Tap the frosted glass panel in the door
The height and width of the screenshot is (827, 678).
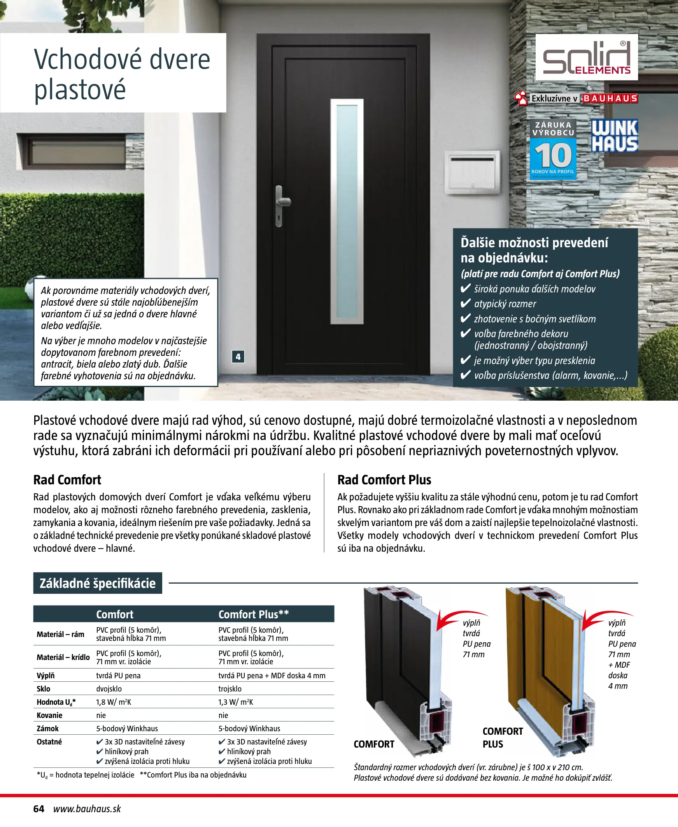[x=347, y=211]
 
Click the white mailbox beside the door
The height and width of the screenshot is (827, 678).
[x=472, y=172]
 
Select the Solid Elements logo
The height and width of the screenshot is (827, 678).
[x=586, y=58]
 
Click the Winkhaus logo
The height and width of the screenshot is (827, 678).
[x=614, y=135]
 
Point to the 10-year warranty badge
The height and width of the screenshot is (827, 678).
[x=553, y=150]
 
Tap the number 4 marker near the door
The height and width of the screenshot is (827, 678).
[x=238, y=356]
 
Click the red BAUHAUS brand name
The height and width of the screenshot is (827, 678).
[x=610, y=99]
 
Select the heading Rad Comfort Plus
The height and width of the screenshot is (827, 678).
[x=384, y=480]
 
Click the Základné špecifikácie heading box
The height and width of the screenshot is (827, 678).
[x=98, y=583]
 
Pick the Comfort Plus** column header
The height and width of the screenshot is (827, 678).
[x=254, y=614]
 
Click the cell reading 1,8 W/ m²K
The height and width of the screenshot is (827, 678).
[x=114, y=702]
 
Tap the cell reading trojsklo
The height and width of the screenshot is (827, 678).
[x=230, y=689]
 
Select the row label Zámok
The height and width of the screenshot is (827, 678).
[x=47, y=728]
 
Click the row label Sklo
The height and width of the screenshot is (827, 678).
[x=43, y=689]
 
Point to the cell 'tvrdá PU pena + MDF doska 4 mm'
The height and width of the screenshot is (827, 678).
[x=272, y=676]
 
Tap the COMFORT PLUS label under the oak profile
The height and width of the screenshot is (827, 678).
[x=502, y=737]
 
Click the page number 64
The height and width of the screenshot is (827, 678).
[x=39, y=809]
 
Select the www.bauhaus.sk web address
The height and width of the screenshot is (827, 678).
[x=87, y=809]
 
